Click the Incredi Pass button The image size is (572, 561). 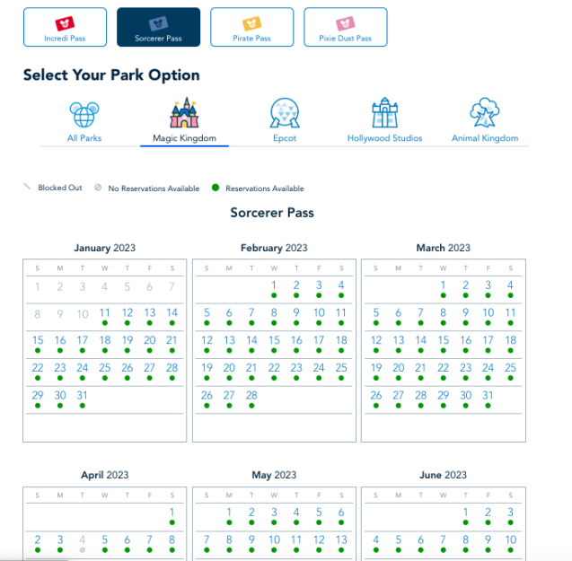click(x=65, y=27)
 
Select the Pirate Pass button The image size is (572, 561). click(x=251, y=27)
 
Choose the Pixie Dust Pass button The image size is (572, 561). click(x=345, y=27)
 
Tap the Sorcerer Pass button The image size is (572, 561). click(x=158, y=27)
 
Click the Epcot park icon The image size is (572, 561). click(x=285, y=113)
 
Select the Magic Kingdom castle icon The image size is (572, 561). click(x=185, y=113)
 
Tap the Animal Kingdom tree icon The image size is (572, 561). click(x=485, y=112)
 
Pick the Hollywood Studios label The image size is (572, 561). click(x=384, y=138)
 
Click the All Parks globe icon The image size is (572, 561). click(x=84, y=114)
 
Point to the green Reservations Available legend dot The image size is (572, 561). click(x=216, y=188)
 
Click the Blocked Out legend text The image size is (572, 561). click(x=60, y=188)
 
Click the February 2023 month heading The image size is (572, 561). click(x=274, y=248)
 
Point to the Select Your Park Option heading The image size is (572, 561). click(x=111, y=75)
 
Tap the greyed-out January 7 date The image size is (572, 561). click(x=172, y=286)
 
